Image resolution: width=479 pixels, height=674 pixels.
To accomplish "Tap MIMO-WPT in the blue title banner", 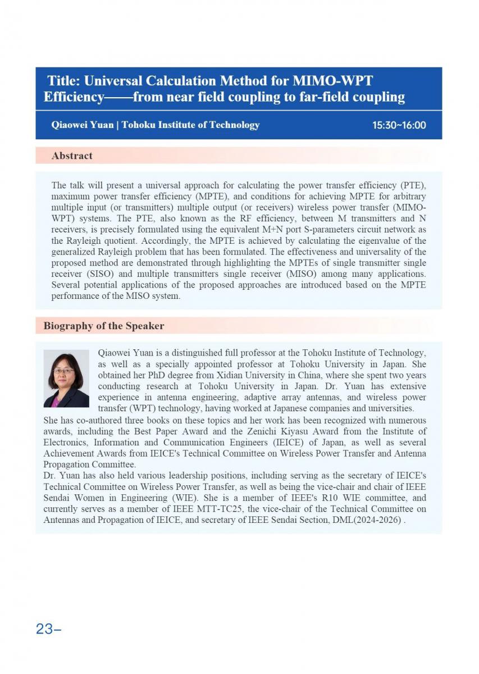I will pyautogui.click(x=339, y=80).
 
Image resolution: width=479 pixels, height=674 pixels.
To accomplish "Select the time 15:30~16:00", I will pyautogui.click(x=399, y=125).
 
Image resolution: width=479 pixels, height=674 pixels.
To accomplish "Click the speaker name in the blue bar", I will pyautogui.click(x=82, y=125).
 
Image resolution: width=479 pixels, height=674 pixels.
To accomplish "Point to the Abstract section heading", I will pyautogui.click(x=72, y=156).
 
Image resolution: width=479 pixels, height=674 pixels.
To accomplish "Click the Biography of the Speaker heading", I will pyautogui.click(x=104, y=326).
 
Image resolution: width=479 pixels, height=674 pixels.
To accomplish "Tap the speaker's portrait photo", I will pyautogui.click(x=66, y=378).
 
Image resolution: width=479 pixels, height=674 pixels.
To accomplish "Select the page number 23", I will pyautogui.click(x=44, y=629).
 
